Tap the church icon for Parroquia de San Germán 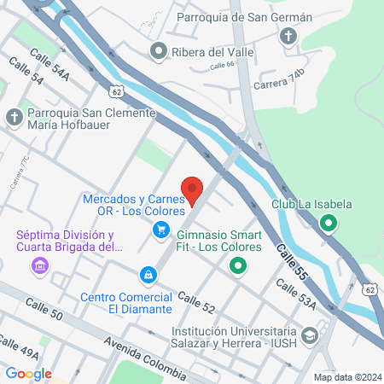point(289,36)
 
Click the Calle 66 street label point(219,66)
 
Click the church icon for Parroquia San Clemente point(15,117)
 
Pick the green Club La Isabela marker point(329,225)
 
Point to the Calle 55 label point(291,261)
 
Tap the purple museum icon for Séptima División point(38,268)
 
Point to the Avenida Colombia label point(144,357)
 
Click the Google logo point(28,373)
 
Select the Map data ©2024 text point(346,377)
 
